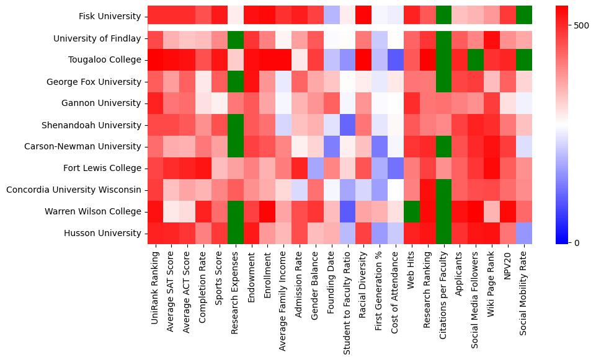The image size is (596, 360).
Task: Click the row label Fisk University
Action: tap(110, 16)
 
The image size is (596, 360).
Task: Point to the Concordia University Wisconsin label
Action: tap(74, 190)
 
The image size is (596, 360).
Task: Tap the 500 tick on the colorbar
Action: tap(581, 25)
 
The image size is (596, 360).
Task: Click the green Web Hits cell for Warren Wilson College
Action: tap(412, 211)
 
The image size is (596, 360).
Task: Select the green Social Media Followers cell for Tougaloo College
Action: tap(476, 60)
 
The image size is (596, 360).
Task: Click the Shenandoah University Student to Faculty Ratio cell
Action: tap(348, 125)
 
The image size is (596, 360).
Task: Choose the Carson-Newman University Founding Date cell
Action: tap(332, 146)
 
